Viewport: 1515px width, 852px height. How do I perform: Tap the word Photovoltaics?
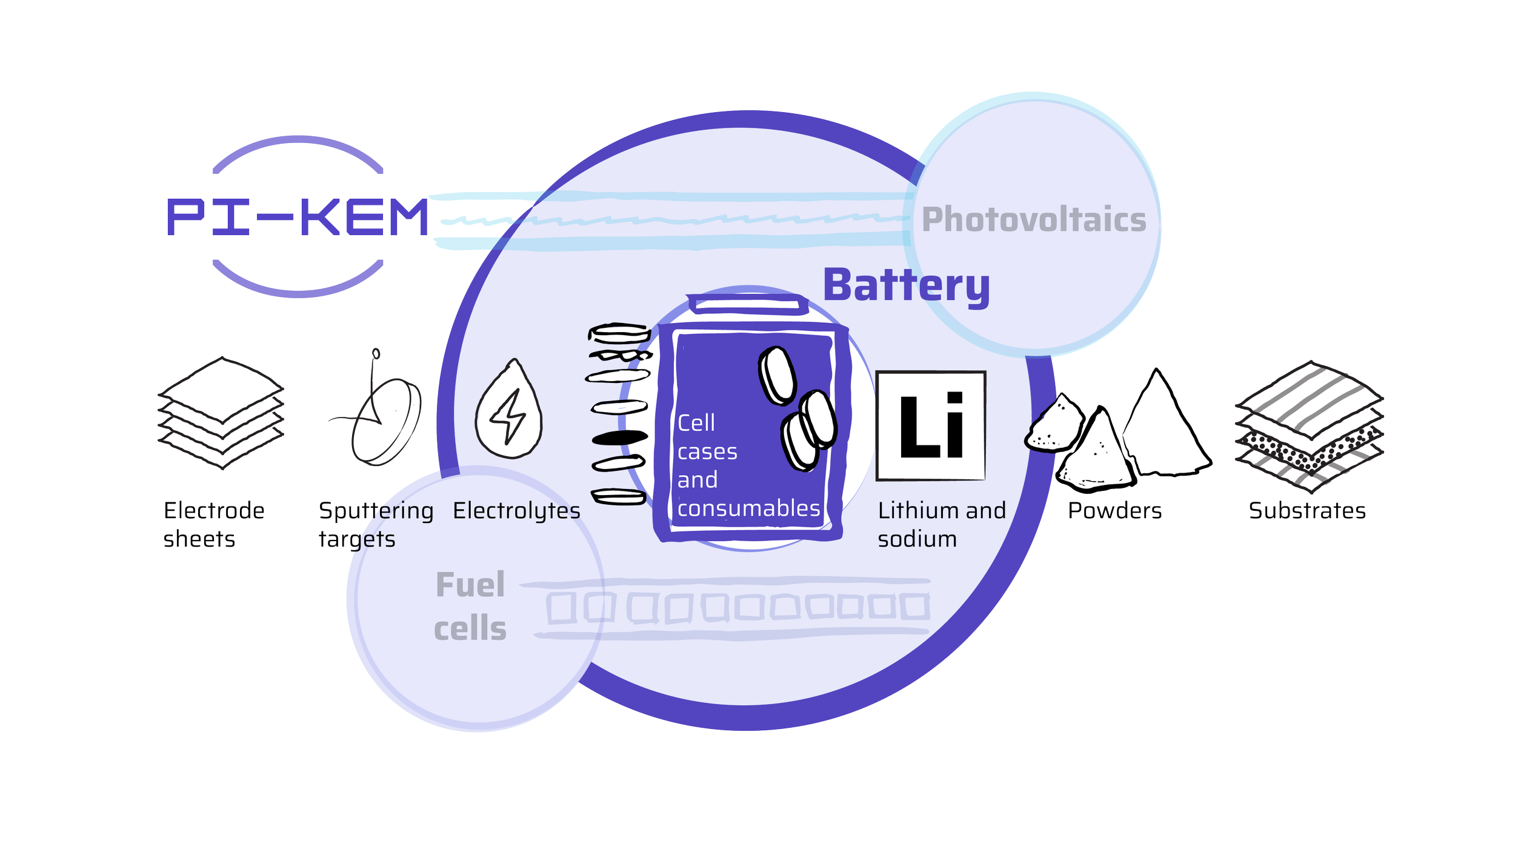click(1034, 219)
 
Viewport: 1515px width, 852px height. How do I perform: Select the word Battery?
click(906, 285)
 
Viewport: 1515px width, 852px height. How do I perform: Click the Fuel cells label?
click(470, 607)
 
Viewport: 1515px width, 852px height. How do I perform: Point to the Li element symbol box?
click(931, 425)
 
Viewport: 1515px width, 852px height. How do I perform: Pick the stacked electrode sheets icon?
click(220, 412)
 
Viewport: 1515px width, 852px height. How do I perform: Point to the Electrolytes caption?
click(516, 511)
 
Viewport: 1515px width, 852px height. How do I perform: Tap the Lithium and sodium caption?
click(942, 525)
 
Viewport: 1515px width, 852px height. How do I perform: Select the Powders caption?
click(1115, 511)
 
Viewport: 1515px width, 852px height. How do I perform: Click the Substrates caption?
click(1307, 511)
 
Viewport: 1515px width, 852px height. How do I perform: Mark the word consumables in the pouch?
click(748, 508)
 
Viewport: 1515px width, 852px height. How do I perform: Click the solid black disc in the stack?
click(619, 438)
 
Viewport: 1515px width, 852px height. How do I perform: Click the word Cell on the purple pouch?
click(696, 423)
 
